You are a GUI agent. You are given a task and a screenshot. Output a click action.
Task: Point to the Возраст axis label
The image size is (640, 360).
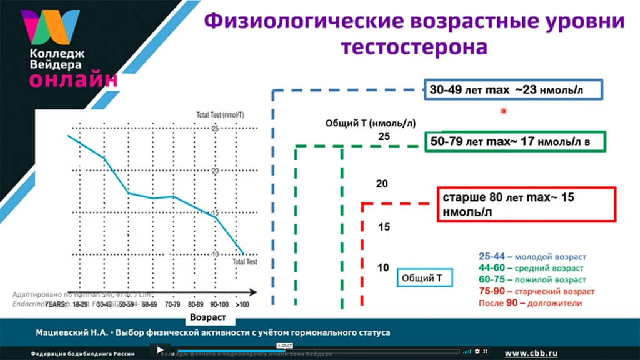[x=208, y=317]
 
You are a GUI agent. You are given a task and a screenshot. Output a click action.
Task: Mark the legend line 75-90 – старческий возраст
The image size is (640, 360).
[x=536, y=291]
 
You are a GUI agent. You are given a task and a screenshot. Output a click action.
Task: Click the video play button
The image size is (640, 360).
[x=160, y=351]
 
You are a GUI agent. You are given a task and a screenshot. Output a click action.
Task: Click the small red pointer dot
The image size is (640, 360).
[x=503, y=111]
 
